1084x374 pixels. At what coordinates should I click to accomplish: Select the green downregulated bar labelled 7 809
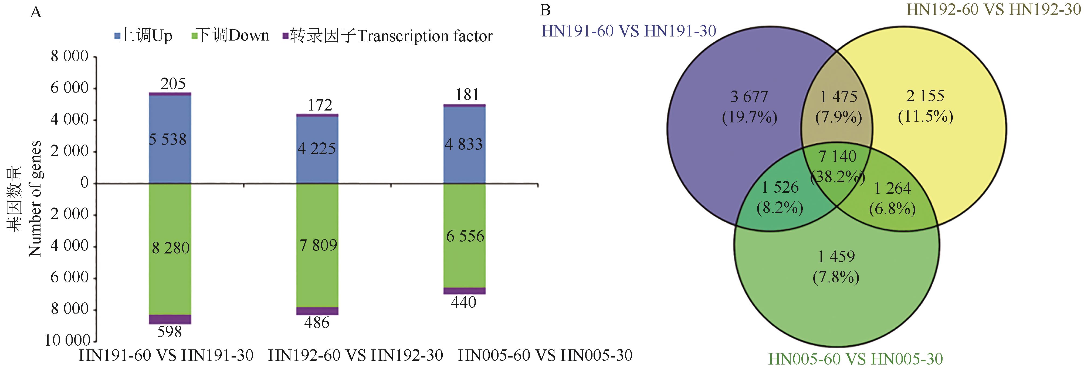pyautogui.click(x=317, y=245)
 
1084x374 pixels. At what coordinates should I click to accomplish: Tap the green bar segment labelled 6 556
pyautogui.click(x=465, y=236)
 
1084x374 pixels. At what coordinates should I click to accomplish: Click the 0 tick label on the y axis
pyautogui.click(x=84, y=183)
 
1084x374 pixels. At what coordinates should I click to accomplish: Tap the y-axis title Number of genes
pyautogui.click(x=35, y=199)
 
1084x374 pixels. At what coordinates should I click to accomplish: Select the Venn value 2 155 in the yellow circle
pyautogui.click(x=925, y=96)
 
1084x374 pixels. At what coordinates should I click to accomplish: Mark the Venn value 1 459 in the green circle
pyautogui.click(x=836, y=256)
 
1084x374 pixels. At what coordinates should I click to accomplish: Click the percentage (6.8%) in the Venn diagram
pyautogui.click(x=893, y=209)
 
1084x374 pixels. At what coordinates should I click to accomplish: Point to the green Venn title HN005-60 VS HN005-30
pyautogui.click(x=855, y=359)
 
